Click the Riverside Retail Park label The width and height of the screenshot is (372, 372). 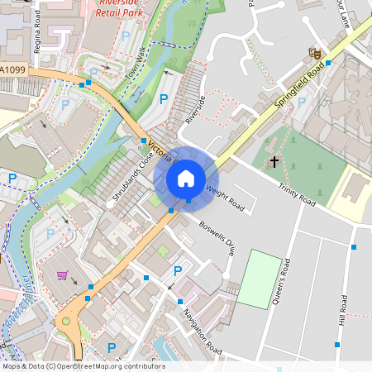[120, 8]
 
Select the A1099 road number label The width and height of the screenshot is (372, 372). [13, 70]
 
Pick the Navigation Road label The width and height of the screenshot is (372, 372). [203, 331]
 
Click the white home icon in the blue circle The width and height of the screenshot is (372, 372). [186, 178]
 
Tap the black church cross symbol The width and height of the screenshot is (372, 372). [274, 162]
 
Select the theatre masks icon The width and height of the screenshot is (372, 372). [314, 52]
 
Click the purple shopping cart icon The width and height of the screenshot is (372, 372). [62, 275]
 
